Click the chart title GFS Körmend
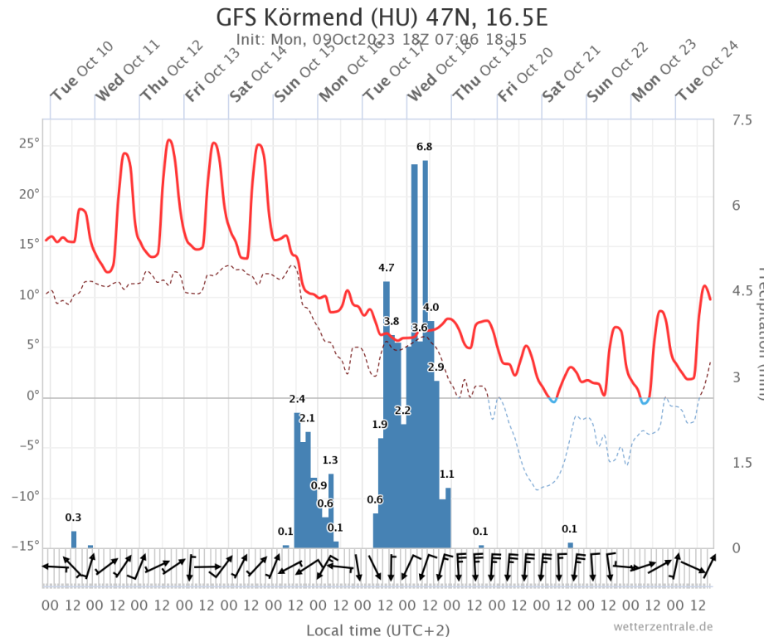(x=382, y=18)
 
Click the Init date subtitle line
(x=382, y=39)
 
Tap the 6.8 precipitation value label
(x=424, y=147)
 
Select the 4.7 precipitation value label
(x=386, y=267)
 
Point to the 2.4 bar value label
(x=297, y=400)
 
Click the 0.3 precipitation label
(x=73, y=518)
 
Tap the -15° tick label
(x=27, y=547)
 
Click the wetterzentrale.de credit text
(x=663, y=626)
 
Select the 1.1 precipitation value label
(x=446, y=474)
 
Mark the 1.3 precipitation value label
(x=329, y=460)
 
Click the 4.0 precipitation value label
(x=431, y=308)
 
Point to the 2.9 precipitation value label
(x=436, y=367)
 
